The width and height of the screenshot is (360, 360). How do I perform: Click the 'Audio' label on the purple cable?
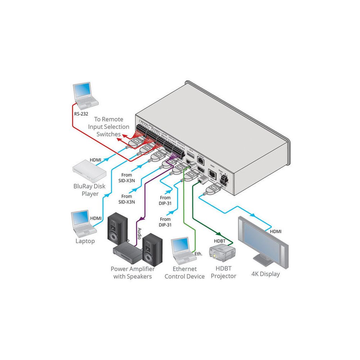pyautogui.click(x=139, y=234)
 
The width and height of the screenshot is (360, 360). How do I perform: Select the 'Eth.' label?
pyautogui.click(x=198, y=254)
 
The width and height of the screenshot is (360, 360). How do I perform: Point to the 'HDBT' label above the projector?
pyautogui.click(x=220, y=240)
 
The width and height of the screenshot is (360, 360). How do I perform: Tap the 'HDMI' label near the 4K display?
pyautogui.click(x=275, y=231)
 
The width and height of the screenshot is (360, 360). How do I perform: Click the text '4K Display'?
pyautogui.click(x=265, y=274)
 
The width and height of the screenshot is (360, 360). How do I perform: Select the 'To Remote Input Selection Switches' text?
pyautogui.click(x=109, y=126)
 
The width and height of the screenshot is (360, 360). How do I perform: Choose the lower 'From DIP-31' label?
pyautogui.click(x=165, y=222)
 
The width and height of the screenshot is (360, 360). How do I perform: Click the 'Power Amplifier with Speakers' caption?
pyautogui.click(x=132, y=273)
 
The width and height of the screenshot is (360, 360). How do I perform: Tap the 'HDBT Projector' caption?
pyautogui.click(x=223, y=273)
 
